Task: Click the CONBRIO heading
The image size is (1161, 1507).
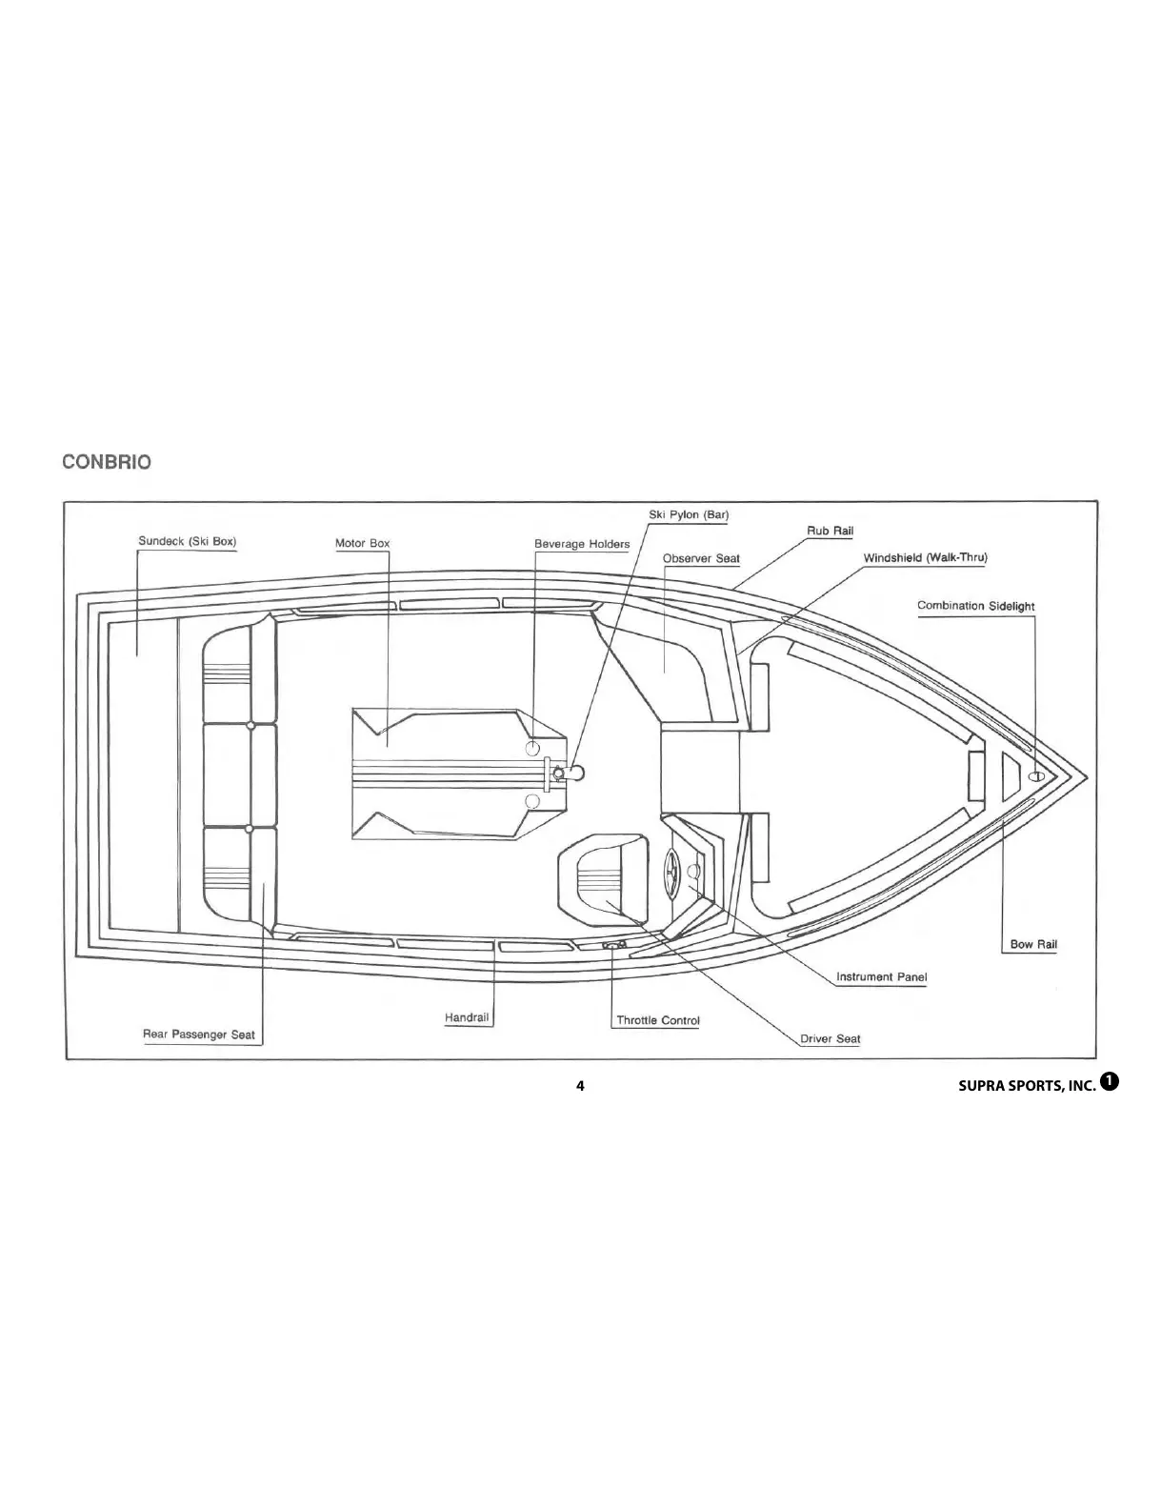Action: [x=106, y=463]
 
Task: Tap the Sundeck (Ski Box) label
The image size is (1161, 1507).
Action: [x=187, y=542]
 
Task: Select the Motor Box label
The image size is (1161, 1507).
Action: [x=362, y=544]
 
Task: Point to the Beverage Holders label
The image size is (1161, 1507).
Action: [x=581, y=545]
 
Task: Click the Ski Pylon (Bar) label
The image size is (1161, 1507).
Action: [x=689, y=515]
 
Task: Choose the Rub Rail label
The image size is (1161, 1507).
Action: [x=830, y=532]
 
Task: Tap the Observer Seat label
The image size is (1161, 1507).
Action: [x=701, y=559]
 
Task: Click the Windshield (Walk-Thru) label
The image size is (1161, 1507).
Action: [x=925, y=558]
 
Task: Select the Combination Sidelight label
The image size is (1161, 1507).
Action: [x=975, y=606]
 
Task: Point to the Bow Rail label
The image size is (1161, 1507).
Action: [x=1033, y=945]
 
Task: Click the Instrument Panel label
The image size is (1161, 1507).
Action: [x=881, y=977]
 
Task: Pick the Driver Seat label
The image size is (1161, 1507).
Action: [x=830, y=1039]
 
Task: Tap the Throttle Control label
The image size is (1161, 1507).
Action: [x=657, y=1021]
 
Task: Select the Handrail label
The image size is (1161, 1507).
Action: [x=467, y=1018]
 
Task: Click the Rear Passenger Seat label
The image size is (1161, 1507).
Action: [x=198, y=1035]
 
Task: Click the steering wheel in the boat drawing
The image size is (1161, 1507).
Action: [x=671, y=872]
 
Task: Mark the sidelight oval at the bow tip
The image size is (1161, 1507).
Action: [x=1037, y=776]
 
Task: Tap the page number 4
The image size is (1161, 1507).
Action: [x=580, y=1086]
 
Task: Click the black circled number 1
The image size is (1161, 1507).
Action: [x=1109, y=1080]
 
